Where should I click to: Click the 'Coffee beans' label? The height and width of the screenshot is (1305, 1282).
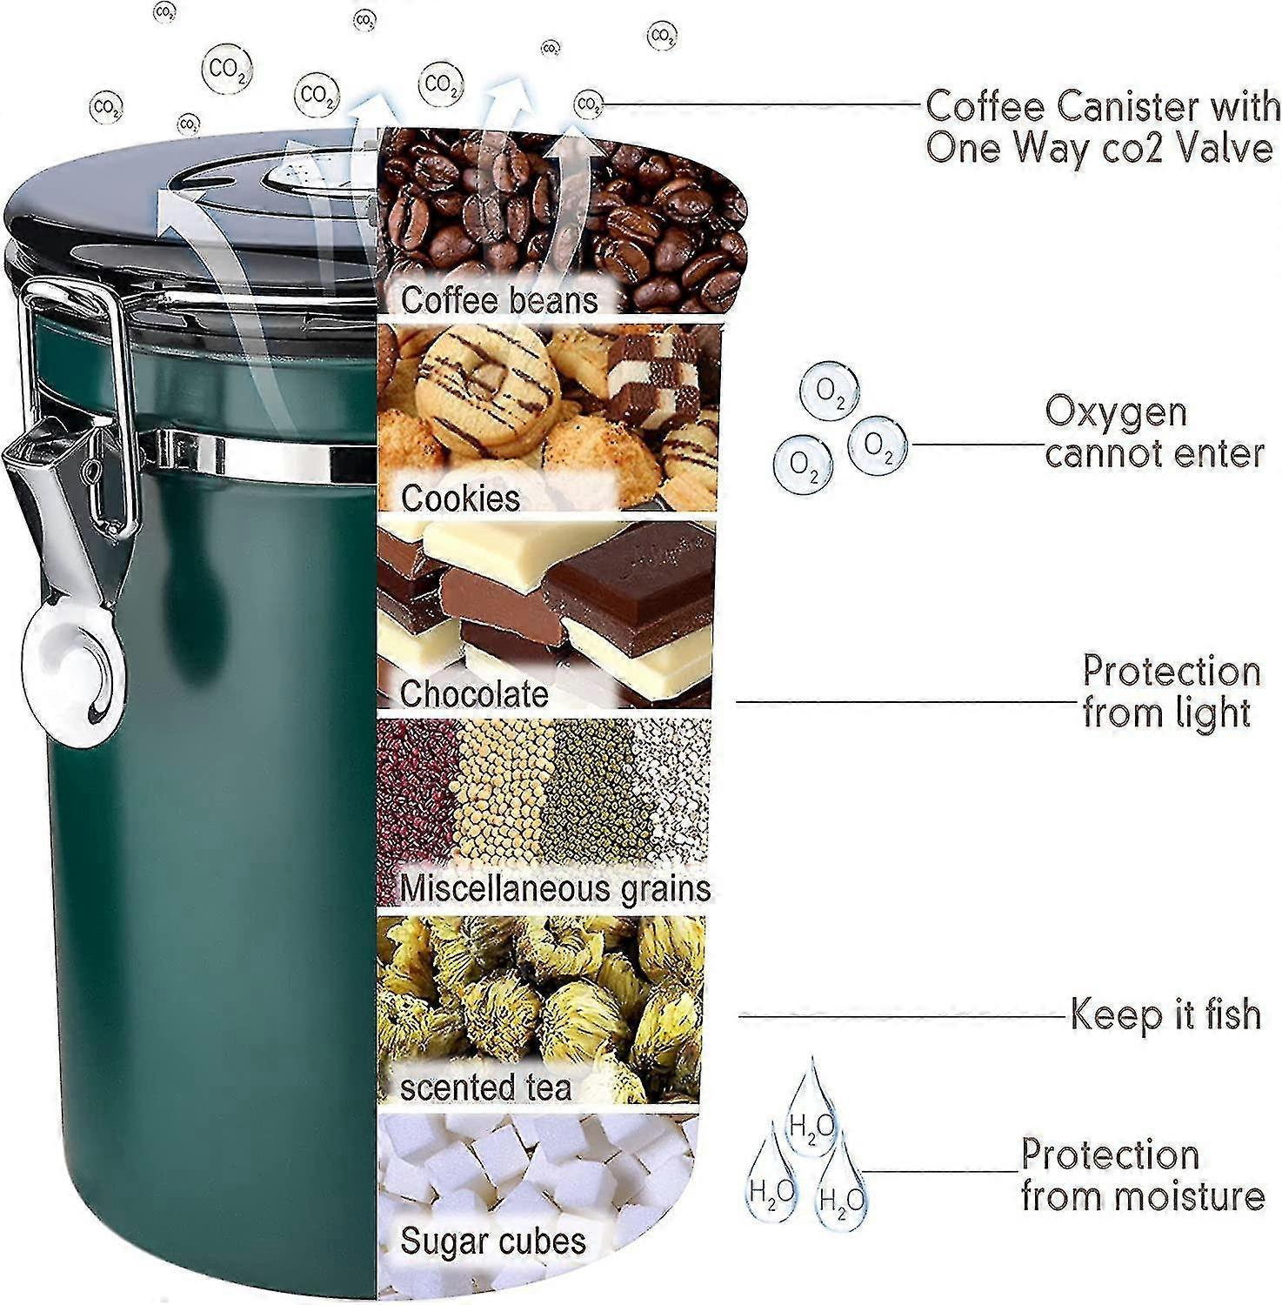pyautogui.click(x=499, y=300)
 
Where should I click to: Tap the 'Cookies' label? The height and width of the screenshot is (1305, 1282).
pyautogui.click(x=460, y=499)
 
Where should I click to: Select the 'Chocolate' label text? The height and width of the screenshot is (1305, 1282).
pyautogui.click(x=474, y=694)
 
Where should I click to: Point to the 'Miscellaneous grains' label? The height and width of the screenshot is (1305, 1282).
pyautogui.click(x=555, y=889)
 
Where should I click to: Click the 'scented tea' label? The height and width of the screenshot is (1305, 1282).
pyautogui.click(x=485, y=1087)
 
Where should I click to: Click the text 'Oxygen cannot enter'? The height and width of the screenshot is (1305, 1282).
pyautogui.click(x=1154, y=432)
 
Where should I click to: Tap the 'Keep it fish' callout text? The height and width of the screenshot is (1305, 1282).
pyautogui.click(x=1165, y=1014)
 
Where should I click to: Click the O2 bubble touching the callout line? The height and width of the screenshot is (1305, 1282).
pyautogui.click(x=878, y=445)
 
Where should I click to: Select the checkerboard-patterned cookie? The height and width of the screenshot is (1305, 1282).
pyautogui.click(x=657, y=376)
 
